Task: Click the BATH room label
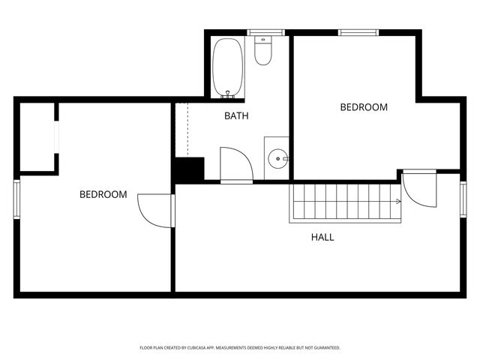click(x=236, y=116)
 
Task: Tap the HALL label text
click(x=322, y=237)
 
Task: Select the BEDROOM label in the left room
click(x=103, y=194)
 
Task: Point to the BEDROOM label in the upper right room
click(x=364, y=107)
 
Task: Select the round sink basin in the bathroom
click(x=278, y=158)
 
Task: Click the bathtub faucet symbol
click(x=229, y=95)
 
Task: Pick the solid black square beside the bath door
click(x=188, y=169)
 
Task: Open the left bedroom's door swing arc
click(x=156, y=208)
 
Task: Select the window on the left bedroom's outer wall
click(x=16, y=199)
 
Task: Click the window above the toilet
click(x=262, y=32)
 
